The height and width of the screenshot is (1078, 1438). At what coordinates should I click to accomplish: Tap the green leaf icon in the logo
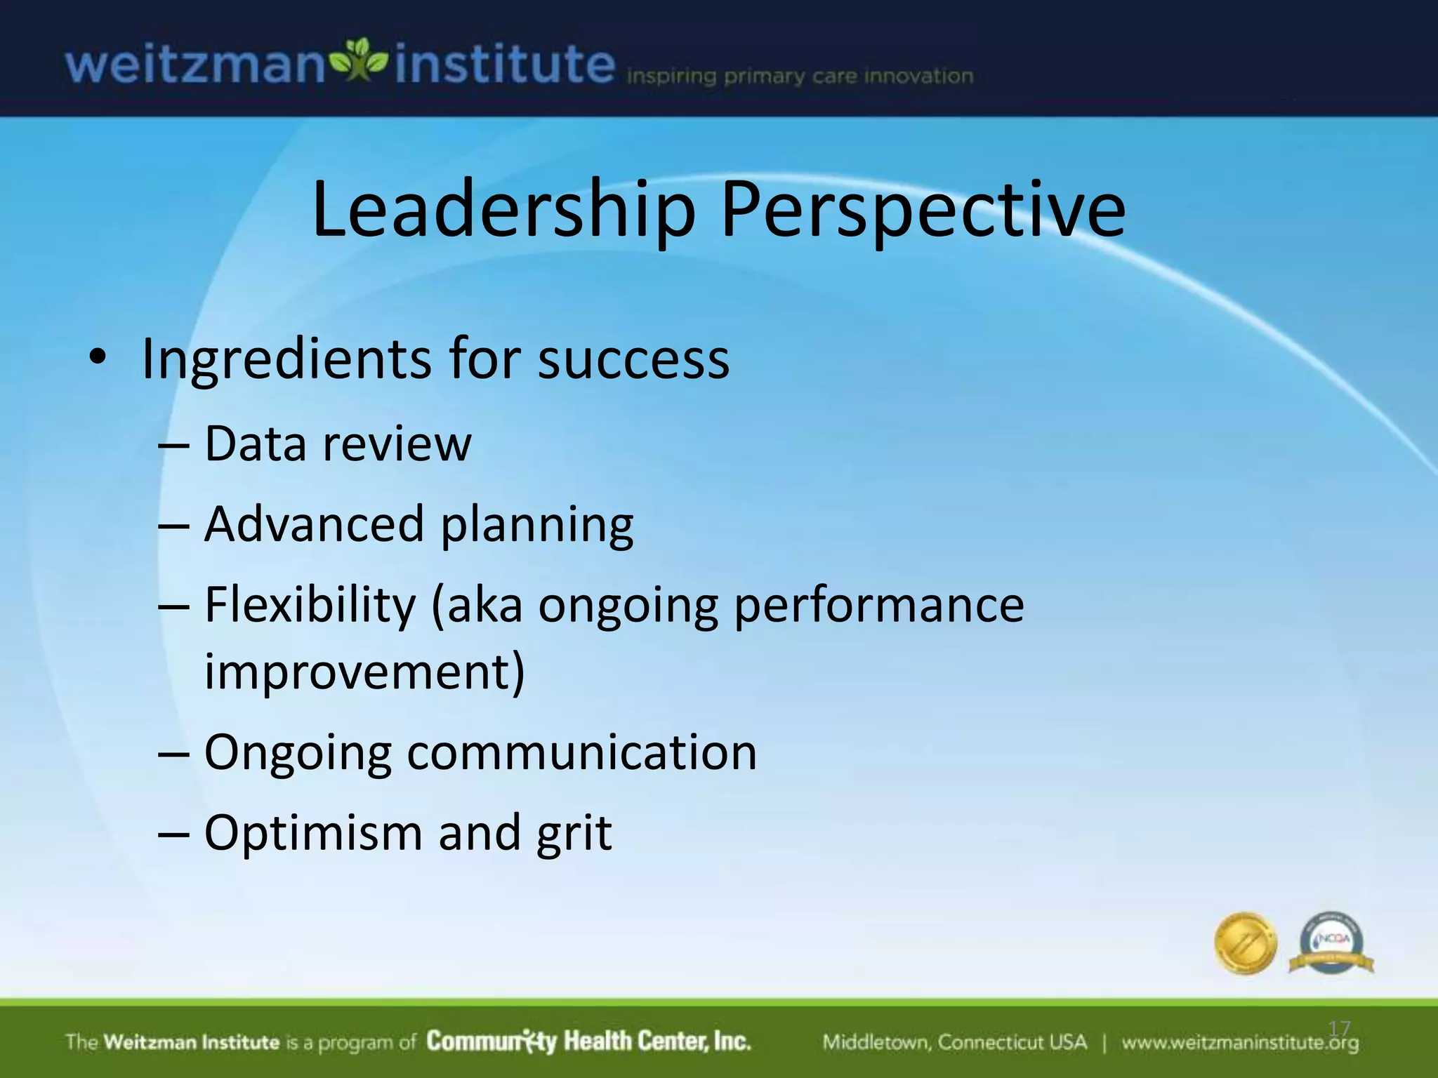click(x=359, y=61)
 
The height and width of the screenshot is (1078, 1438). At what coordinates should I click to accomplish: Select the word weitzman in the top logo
click(x=194, y=65)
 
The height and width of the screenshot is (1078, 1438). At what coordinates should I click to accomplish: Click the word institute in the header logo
click(x=505, y=65)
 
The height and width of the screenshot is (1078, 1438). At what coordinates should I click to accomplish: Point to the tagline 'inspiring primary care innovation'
click(x=799, y=76)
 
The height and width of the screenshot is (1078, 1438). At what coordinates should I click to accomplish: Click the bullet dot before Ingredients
click(x=98, y=358)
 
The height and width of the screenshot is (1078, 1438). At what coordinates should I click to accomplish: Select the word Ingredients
click(x=286, y=360)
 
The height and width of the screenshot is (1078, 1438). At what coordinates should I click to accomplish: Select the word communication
click(x=582, y=753)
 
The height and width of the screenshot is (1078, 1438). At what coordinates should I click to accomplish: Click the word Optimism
click(x=313, y=834)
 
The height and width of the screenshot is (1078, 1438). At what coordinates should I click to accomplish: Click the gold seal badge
click(x=1245, y=943)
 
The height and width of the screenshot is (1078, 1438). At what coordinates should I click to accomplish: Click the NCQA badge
click(x=1331, y=943)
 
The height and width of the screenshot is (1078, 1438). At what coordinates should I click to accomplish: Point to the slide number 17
click(x=1339, y=1029)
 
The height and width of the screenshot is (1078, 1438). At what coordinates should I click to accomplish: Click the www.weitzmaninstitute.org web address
click(x=1239, y=1043)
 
